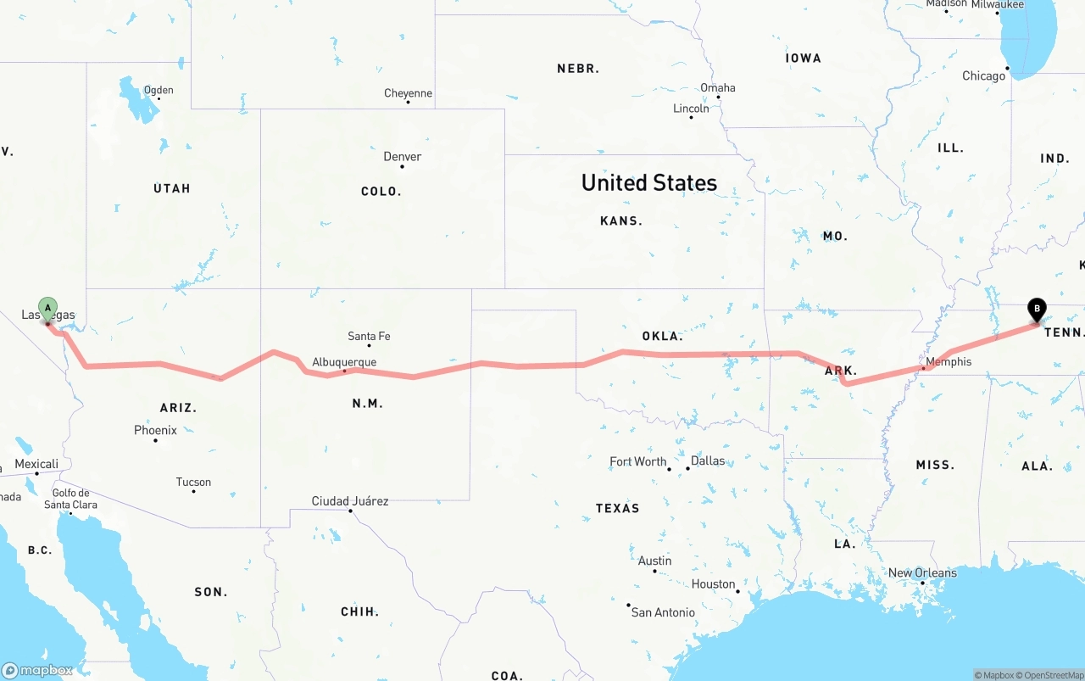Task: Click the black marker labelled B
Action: pos(1036,310)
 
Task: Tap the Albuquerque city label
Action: pos(344,362)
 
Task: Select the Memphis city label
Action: pos(949,362)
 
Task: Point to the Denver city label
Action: pos(402,156)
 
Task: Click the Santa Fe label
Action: pos(369,336)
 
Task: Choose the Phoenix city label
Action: pos(155,430)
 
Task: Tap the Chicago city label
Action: pos(983,76)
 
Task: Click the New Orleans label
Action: pos(922,572)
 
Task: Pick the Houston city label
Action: pos(713,583)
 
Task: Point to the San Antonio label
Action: pos(663,611)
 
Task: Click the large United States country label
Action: pos(649,182)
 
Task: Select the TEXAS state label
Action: pos(617,508)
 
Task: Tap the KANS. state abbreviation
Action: pos(621,220)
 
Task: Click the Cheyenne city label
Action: pos(408,93)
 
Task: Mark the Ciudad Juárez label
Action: pos(349,501)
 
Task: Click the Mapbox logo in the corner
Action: pos(37,670)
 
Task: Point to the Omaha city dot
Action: pos(718,97)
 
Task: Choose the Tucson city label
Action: pos(193,482)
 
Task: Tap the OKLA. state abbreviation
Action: pos(662,336)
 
